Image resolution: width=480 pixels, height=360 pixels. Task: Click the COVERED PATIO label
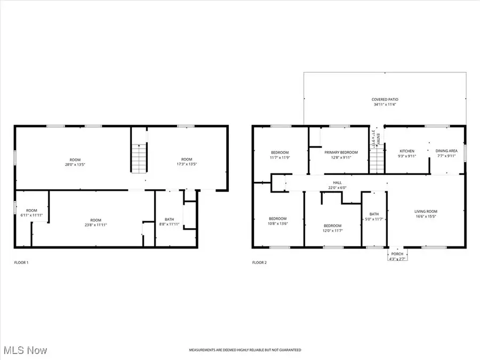[385, 100]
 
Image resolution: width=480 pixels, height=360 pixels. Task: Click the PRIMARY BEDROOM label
[341, 153]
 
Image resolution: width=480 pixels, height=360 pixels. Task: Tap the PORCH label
[397, 254]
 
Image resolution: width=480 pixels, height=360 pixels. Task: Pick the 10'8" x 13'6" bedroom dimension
[277, 223]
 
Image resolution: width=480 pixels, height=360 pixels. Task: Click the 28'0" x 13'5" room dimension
[75, 165]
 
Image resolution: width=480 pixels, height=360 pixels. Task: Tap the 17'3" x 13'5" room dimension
[186, 165]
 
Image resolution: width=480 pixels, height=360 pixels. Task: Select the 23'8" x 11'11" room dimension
[95, 225]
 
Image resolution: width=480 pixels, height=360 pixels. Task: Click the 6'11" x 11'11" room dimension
[32, 215]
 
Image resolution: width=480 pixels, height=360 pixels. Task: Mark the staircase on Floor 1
[139, 158]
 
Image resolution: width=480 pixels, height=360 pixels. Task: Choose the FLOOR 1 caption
[22, 262]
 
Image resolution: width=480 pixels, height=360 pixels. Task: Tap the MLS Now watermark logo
[25, 350]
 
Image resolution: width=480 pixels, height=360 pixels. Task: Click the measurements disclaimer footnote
[245, 350]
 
